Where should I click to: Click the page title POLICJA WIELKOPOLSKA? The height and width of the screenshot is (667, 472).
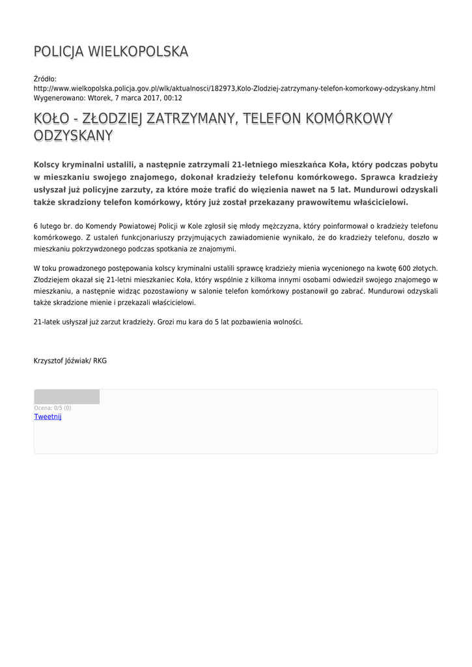tap(111, 51)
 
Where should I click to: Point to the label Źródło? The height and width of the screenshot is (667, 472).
tap(45, 79)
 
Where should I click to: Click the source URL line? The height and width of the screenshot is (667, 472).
tap(234, 88)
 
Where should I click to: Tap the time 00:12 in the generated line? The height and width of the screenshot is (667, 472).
tap(173, 98)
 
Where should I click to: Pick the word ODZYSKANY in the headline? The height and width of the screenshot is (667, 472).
tap(73, 135)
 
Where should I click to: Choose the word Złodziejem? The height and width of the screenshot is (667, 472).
tap(53, 279)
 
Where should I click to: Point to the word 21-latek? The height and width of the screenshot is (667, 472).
tap(47, 322)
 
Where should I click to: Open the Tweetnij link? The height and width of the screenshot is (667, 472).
tap(48, 417)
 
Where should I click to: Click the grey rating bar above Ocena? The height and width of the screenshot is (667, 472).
tap(66, 397)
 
